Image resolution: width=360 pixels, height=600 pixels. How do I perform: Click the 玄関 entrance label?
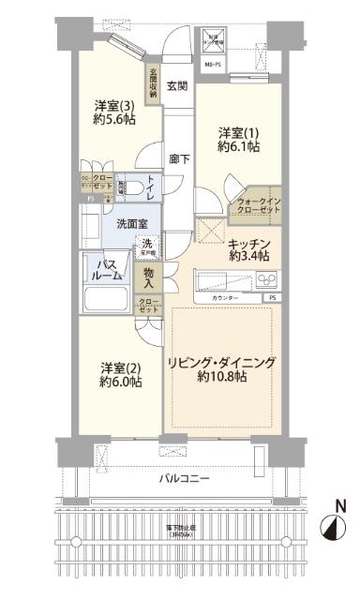(178, 86)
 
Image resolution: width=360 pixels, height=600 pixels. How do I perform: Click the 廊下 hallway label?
(178, 159)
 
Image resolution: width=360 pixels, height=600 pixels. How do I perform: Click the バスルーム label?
(107, 270)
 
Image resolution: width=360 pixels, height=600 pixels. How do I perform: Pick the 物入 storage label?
(148, 277)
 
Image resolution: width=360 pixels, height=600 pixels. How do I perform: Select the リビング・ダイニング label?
(221, 363)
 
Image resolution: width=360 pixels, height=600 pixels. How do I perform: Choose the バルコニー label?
(183, 479)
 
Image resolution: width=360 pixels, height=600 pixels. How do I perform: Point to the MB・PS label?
(212, 65)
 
